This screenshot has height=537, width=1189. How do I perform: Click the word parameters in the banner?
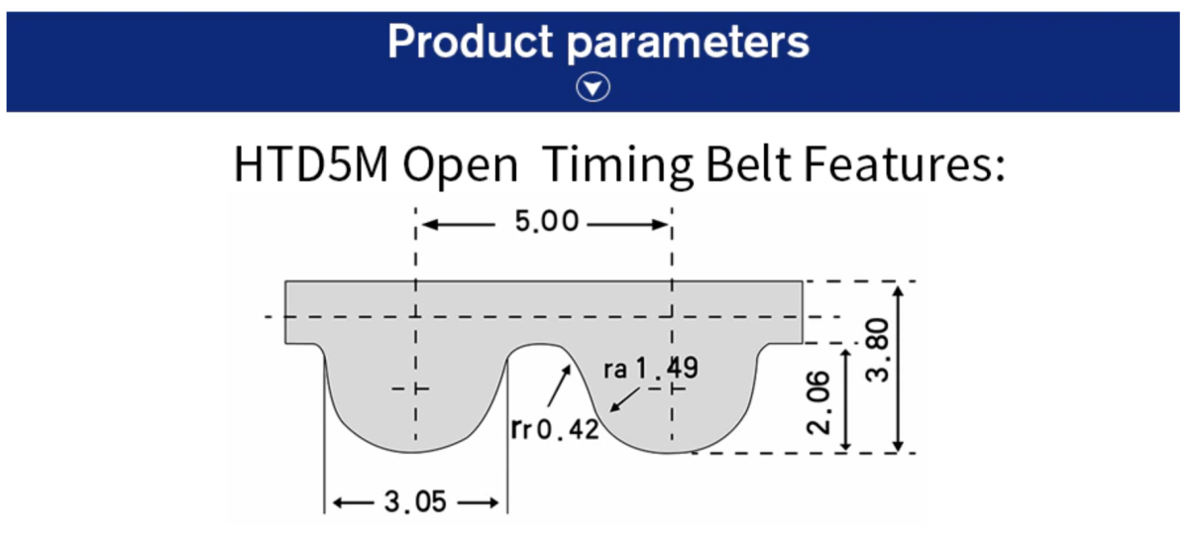pyautogui.click(x=694, y=43)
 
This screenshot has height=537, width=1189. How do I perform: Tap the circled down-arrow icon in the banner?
pyautogui.click(x=594, y=88)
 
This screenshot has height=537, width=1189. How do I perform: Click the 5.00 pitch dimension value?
pyautogui.click(x=545, y=223)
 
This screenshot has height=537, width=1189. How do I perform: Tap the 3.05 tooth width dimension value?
pyautogui.click(x=415, y=502)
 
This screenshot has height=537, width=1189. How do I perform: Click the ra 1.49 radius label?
pyautogui.click(x=649, y=370)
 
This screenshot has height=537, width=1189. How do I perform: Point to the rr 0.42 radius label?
pyautogui.click(x=555, y=429)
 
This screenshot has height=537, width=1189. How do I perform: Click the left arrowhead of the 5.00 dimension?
pyautogui.click(x=427, y=224)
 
